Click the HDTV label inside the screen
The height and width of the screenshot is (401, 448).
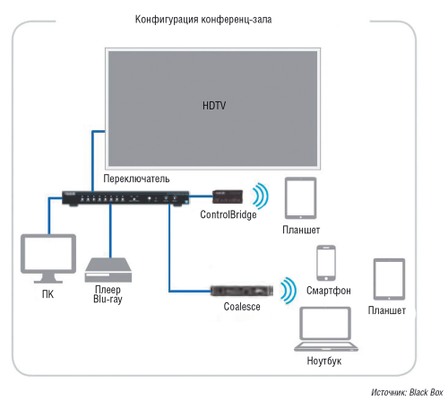click(x=213, y=106)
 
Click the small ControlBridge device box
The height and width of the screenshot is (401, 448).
click(x=227, y=195)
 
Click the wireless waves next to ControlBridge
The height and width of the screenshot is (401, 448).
click(x=260, y=196)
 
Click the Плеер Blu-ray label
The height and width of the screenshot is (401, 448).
click(x=109, y=295)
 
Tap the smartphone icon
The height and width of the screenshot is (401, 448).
click(x=326, y=263)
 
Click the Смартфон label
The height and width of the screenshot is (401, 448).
click(x=327, y=292)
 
